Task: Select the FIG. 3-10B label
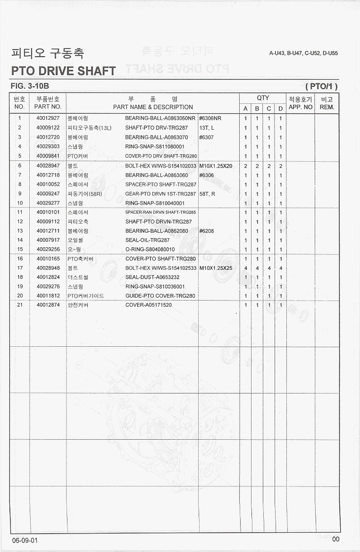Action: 29,86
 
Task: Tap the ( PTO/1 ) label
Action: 322,86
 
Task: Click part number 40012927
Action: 48,118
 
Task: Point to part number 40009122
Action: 48,128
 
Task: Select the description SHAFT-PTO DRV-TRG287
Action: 156,128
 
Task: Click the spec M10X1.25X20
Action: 216,166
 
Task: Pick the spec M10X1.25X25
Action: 216,268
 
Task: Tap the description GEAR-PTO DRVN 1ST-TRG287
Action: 160,194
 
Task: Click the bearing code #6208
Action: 207,231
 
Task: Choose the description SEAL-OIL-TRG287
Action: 147,240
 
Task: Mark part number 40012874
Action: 48,305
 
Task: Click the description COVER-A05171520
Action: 148,305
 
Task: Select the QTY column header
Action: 263,98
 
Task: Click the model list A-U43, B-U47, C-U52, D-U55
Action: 303,53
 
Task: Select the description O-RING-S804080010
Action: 150,250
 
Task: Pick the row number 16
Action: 20,259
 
